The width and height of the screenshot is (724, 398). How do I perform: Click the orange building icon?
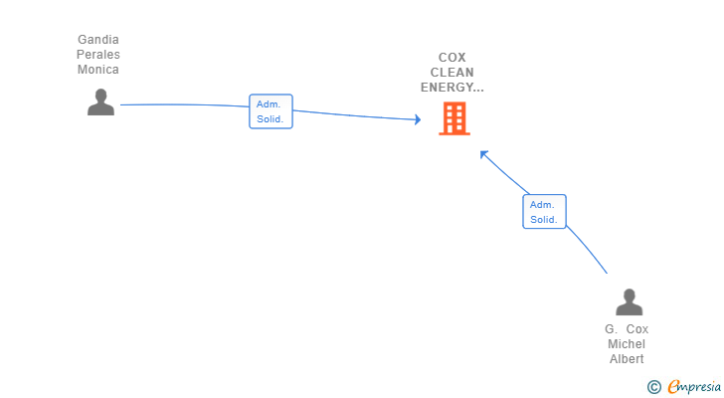(x=454, y=119)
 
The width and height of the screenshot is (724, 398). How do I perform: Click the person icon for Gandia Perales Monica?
(x=100, y=102)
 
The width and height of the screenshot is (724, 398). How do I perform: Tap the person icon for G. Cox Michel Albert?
(x=629, y=302)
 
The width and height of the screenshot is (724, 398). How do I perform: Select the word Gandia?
(x=98, y=40)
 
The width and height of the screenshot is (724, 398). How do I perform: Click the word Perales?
(x=98, y=55)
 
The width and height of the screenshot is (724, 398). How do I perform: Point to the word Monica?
(x=98, y=70)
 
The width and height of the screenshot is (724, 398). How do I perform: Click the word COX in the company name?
(x=452, y=58)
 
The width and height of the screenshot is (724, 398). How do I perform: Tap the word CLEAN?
(x=452, y=73)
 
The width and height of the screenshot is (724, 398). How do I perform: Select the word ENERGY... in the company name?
(x=452, y=88)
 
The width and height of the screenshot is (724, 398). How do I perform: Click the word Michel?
(x=627, y=344)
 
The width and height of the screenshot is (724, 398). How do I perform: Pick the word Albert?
(x=627, y=359)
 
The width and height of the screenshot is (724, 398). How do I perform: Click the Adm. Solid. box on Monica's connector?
(x=271, y=111)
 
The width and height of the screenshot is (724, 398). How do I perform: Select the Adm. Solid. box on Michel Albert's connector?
(x=544, y=212)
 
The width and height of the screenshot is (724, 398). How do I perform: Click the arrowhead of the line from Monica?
(x=418, y=120)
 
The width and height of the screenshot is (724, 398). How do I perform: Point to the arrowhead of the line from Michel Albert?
(x=483, y=153)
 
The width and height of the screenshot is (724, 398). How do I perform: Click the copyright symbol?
(x=654, y=387)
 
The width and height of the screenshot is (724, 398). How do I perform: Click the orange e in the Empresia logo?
(x=673, y=387)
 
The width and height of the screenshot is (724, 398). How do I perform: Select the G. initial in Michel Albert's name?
(x=611, y=329)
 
